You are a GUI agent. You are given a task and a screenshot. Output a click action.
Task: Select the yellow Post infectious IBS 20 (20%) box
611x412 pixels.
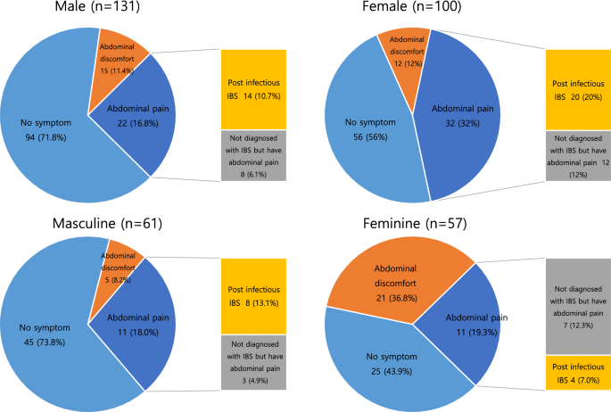coord(578,89)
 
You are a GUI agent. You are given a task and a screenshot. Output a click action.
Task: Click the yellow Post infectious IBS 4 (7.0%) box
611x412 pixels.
coord(578,373)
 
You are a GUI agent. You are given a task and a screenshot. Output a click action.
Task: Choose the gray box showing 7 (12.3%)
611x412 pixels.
coord(578,306)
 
